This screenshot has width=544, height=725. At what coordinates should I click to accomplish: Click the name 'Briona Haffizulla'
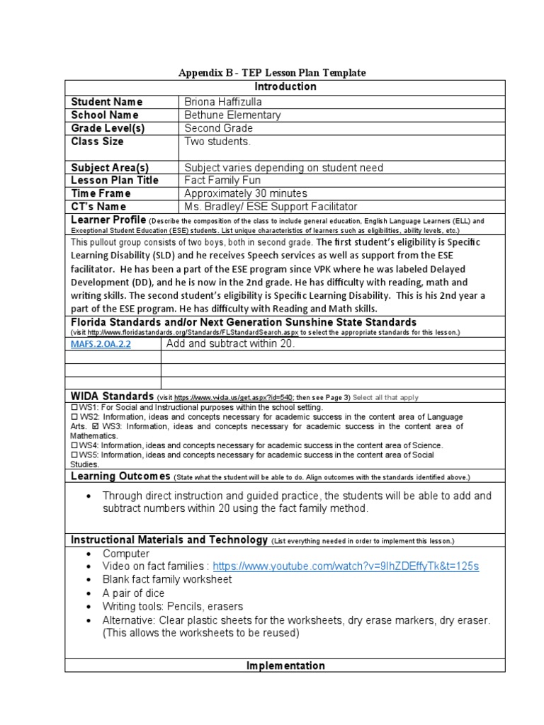click(223, 101)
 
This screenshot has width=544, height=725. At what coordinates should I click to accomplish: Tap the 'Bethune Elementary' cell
click(232, 115)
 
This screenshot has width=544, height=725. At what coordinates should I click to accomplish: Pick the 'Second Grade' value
click(218, 128)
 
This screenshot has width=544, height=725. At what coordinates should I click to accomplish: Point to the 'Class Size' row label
click(97, 141)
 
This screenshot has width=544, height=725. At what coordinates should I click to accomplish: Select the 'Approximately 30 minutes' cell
click(246, 193)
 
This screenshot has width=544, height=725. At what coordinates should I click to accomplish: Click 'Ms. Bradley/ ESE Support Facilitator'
click(271, 206)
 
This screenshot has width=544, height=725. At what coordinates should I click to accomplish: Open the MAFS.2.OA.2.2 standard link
click(100, 344)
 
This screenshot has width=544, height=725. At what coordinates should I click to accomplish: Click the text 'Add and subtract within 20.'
click(230, 343)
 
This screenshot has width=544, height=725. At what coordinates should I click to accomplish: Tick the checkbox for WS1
click(74, 408)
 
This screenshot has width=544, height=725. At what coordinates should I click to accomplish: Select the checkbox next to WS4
click(74, 445)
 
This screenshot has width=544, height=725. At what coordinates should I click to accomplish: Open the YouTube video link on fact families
click(346, 566)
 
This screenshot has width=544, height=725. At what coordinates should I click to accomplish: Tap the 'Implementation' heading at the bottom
click(285, 666)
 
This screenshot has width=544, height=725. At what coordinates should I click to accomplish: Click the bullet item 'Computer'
click(126, 553)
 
